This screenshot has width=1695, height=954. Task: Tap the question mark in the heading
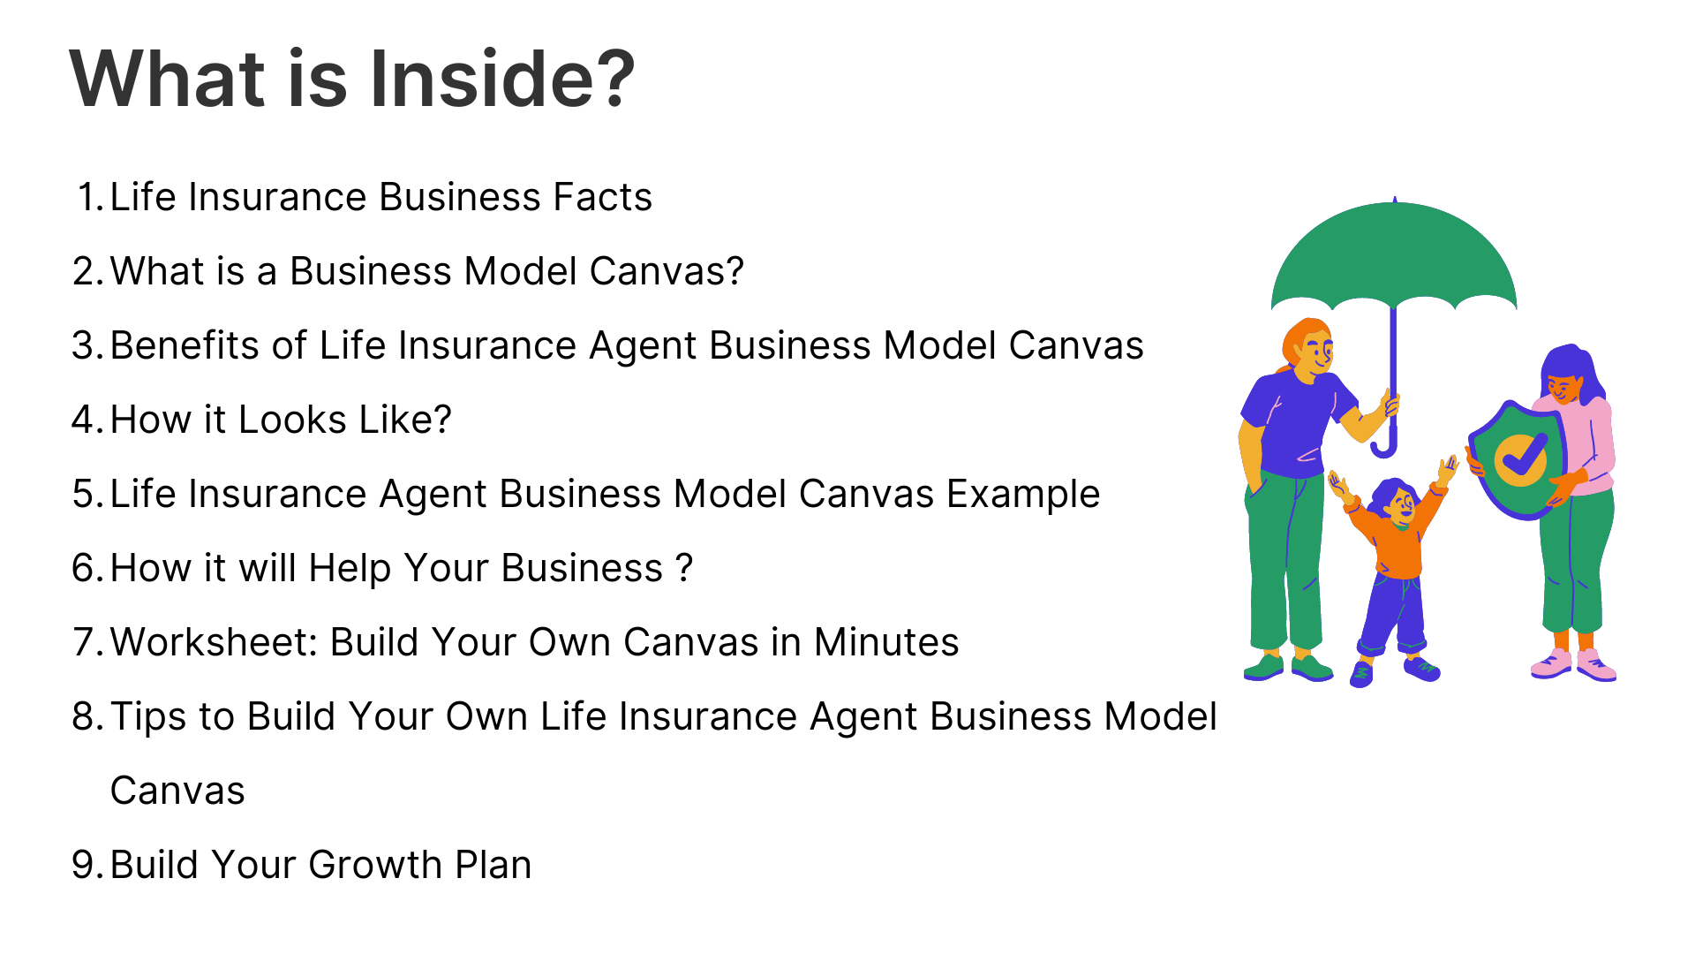609,78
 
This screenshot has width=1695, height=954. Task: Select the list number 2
87,271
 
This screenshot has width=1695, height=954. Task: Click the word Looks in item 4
292,420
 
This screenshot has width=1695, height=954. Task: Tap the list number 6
88,568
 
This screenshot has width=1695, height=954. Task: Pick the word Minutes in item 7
886,642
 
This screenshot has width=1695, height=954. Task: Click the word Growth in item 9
375,865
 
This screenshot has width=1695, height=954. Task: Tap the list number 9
88,865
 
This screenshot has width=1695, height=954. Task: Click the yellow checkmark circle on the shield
1520,460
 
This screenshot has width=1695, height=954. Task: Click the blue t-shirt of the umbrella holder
1296,424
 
